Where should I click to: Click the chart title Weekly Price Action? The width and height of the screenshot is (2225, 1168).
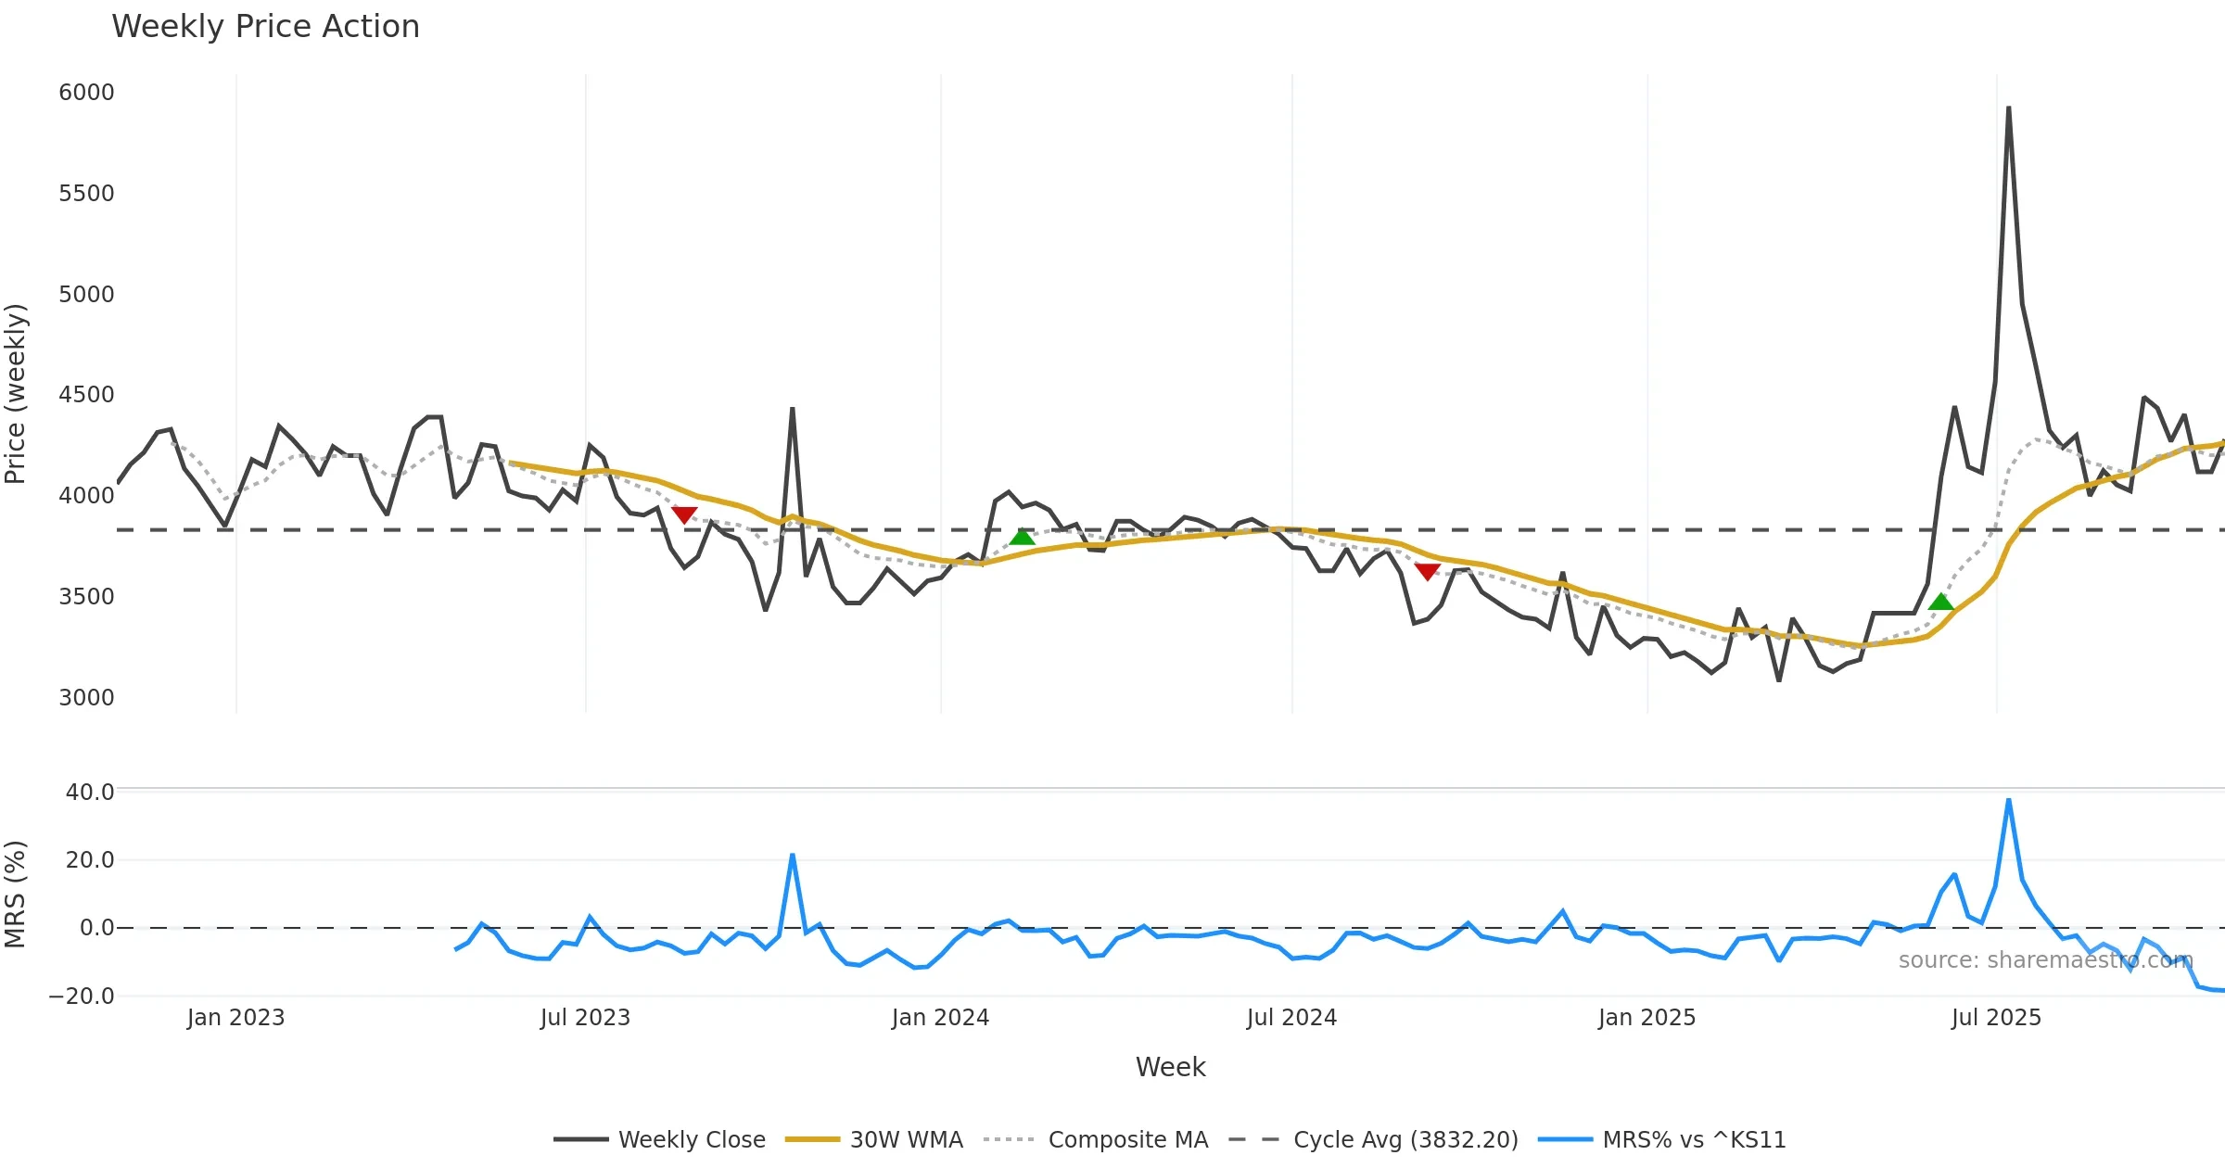click(265, 27)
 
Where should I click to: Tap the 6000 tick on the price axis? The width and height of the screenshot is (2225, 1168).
click(86, 93)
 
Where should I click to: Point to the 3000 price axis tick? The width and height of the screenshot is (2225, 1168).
click(86, 697)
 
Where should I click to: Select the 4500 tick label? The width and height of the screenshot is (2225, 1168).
click(86, 395)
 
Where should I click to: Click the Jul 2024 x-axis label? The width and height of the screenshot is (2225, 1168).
click(1291, 1018)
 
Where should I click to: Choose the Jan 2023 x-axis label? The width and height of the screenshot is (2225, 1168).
click(235, 1018)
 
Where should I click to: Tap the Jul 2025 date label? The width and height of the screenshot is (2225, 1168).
click(1996, 1018)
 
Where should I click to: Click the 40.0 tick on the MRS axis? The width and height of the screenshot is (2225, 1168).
click(90, 793)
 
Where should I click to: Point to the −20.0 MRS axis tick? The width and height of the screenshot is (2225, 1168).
click(82, 997)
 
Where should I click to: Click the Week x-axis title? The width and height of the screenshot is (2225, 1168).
click(1170, 1068)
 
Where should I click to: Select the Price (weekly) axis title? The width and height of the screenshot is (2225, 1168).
click(16, 394)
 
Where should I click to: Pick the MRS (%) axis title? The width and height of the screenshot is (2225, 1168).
click(16, 894)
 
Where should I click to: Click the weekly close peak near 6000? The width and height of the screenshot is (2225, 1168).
click(2008, 108)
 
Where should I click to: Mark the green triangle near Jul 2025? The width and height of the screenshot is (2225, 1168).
click(1940, 603)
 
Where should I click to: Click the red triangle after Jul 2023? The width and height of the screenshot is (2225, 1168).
click(684, 515)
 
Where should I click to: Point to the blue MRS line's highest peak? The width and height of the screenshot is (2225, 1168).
click(2008, 800)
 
